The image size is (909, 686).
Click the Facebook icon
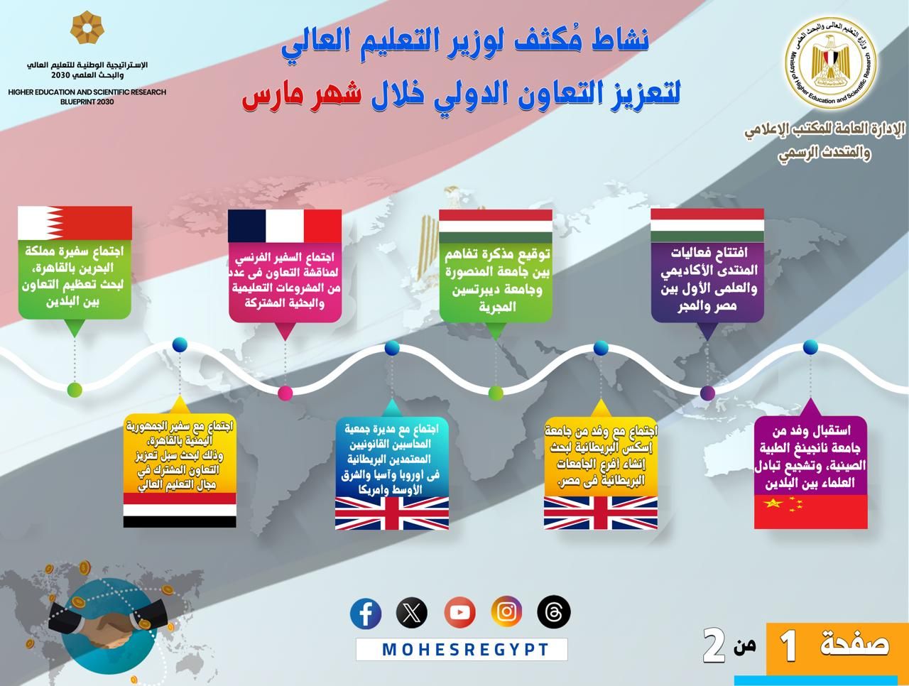[x=366, y=613]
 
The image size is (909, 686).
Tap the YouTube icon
[x=459, y=613]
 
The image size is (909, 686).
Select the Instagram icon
[x=506, y=612]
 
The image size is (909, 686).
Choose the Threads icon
[x=554, y=612]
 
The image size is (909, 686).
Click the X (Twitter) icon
[x=412, y=613]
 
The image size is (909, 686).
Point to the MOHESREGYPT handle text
[x=465, y=650]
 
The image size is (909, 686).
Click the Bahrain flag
[x=75, y=223]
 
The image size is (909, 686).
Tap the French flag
[x=285, y=226]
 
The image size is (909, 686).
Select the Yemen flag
[x=180, y=511]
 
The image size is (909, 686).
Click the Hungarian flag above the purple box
[x=707, y=226]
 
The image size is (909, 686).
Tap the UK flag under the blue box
[x=392, y=513]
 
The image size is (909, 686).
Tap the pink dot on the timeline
[x=285, y=393]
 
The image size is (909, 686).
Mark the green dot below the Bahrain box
[x=75, y=389]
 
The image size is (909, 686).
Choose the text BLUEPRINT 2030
[x=87, y=102]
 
